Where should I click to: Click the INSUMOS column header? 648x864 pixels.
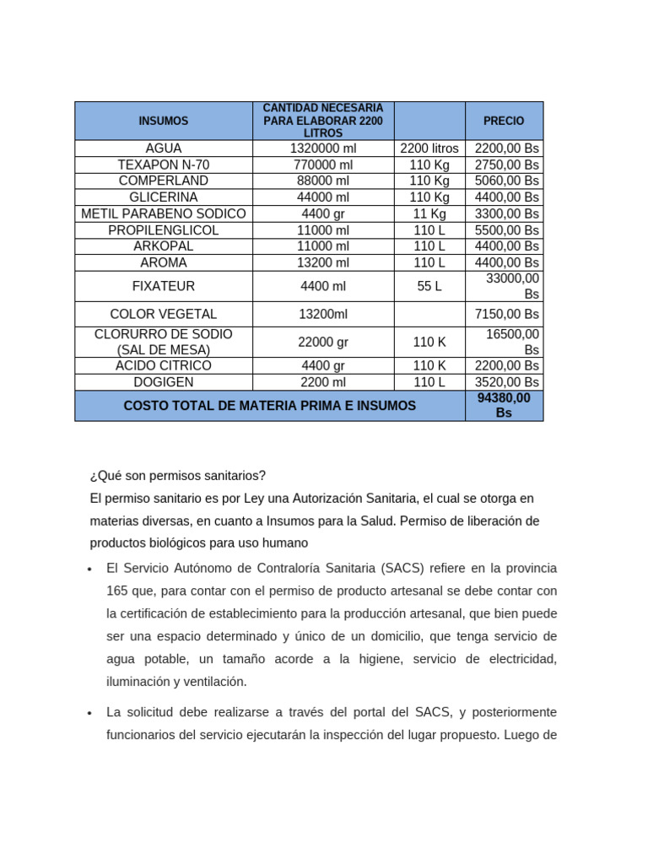[164, 121]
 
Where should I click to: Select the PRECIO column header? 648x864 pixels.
[504, 121]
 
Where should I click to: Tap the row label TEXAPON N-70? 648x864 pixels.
[164, 165]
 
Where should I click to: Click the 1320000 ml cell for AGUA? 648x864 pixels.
[323, 148]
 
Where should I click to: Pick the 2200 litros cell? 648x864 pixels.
[429, 148]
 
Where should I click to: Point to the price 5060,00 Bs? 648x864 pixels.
[506, 181]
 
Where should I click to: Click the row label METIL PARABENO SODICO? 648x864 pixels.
[164, 213]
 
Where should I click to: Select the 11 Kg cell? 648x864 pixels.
[429, 213]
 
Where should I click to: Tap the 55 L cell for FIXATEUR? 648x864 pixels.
[429, 287]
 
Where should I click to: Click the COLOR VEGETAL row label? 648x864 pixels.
[164, 314]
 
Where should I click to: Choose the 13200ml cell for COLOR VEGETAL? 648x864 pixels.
[323, 314]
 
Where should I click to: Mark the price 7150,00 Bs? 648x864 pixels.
[506, 314]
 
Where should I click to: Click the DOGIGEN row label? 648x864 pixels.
[164, 382]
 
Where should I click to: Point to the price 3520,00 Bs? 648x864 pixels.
[506, 382]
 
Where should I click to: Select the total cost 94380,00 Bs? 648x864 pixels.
[504, 405]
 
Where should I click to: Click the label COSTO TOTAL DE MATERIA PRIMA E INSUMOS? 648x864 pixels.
[270, 406]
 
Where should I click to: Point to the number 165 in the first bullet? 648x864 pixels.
[117, 591]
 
